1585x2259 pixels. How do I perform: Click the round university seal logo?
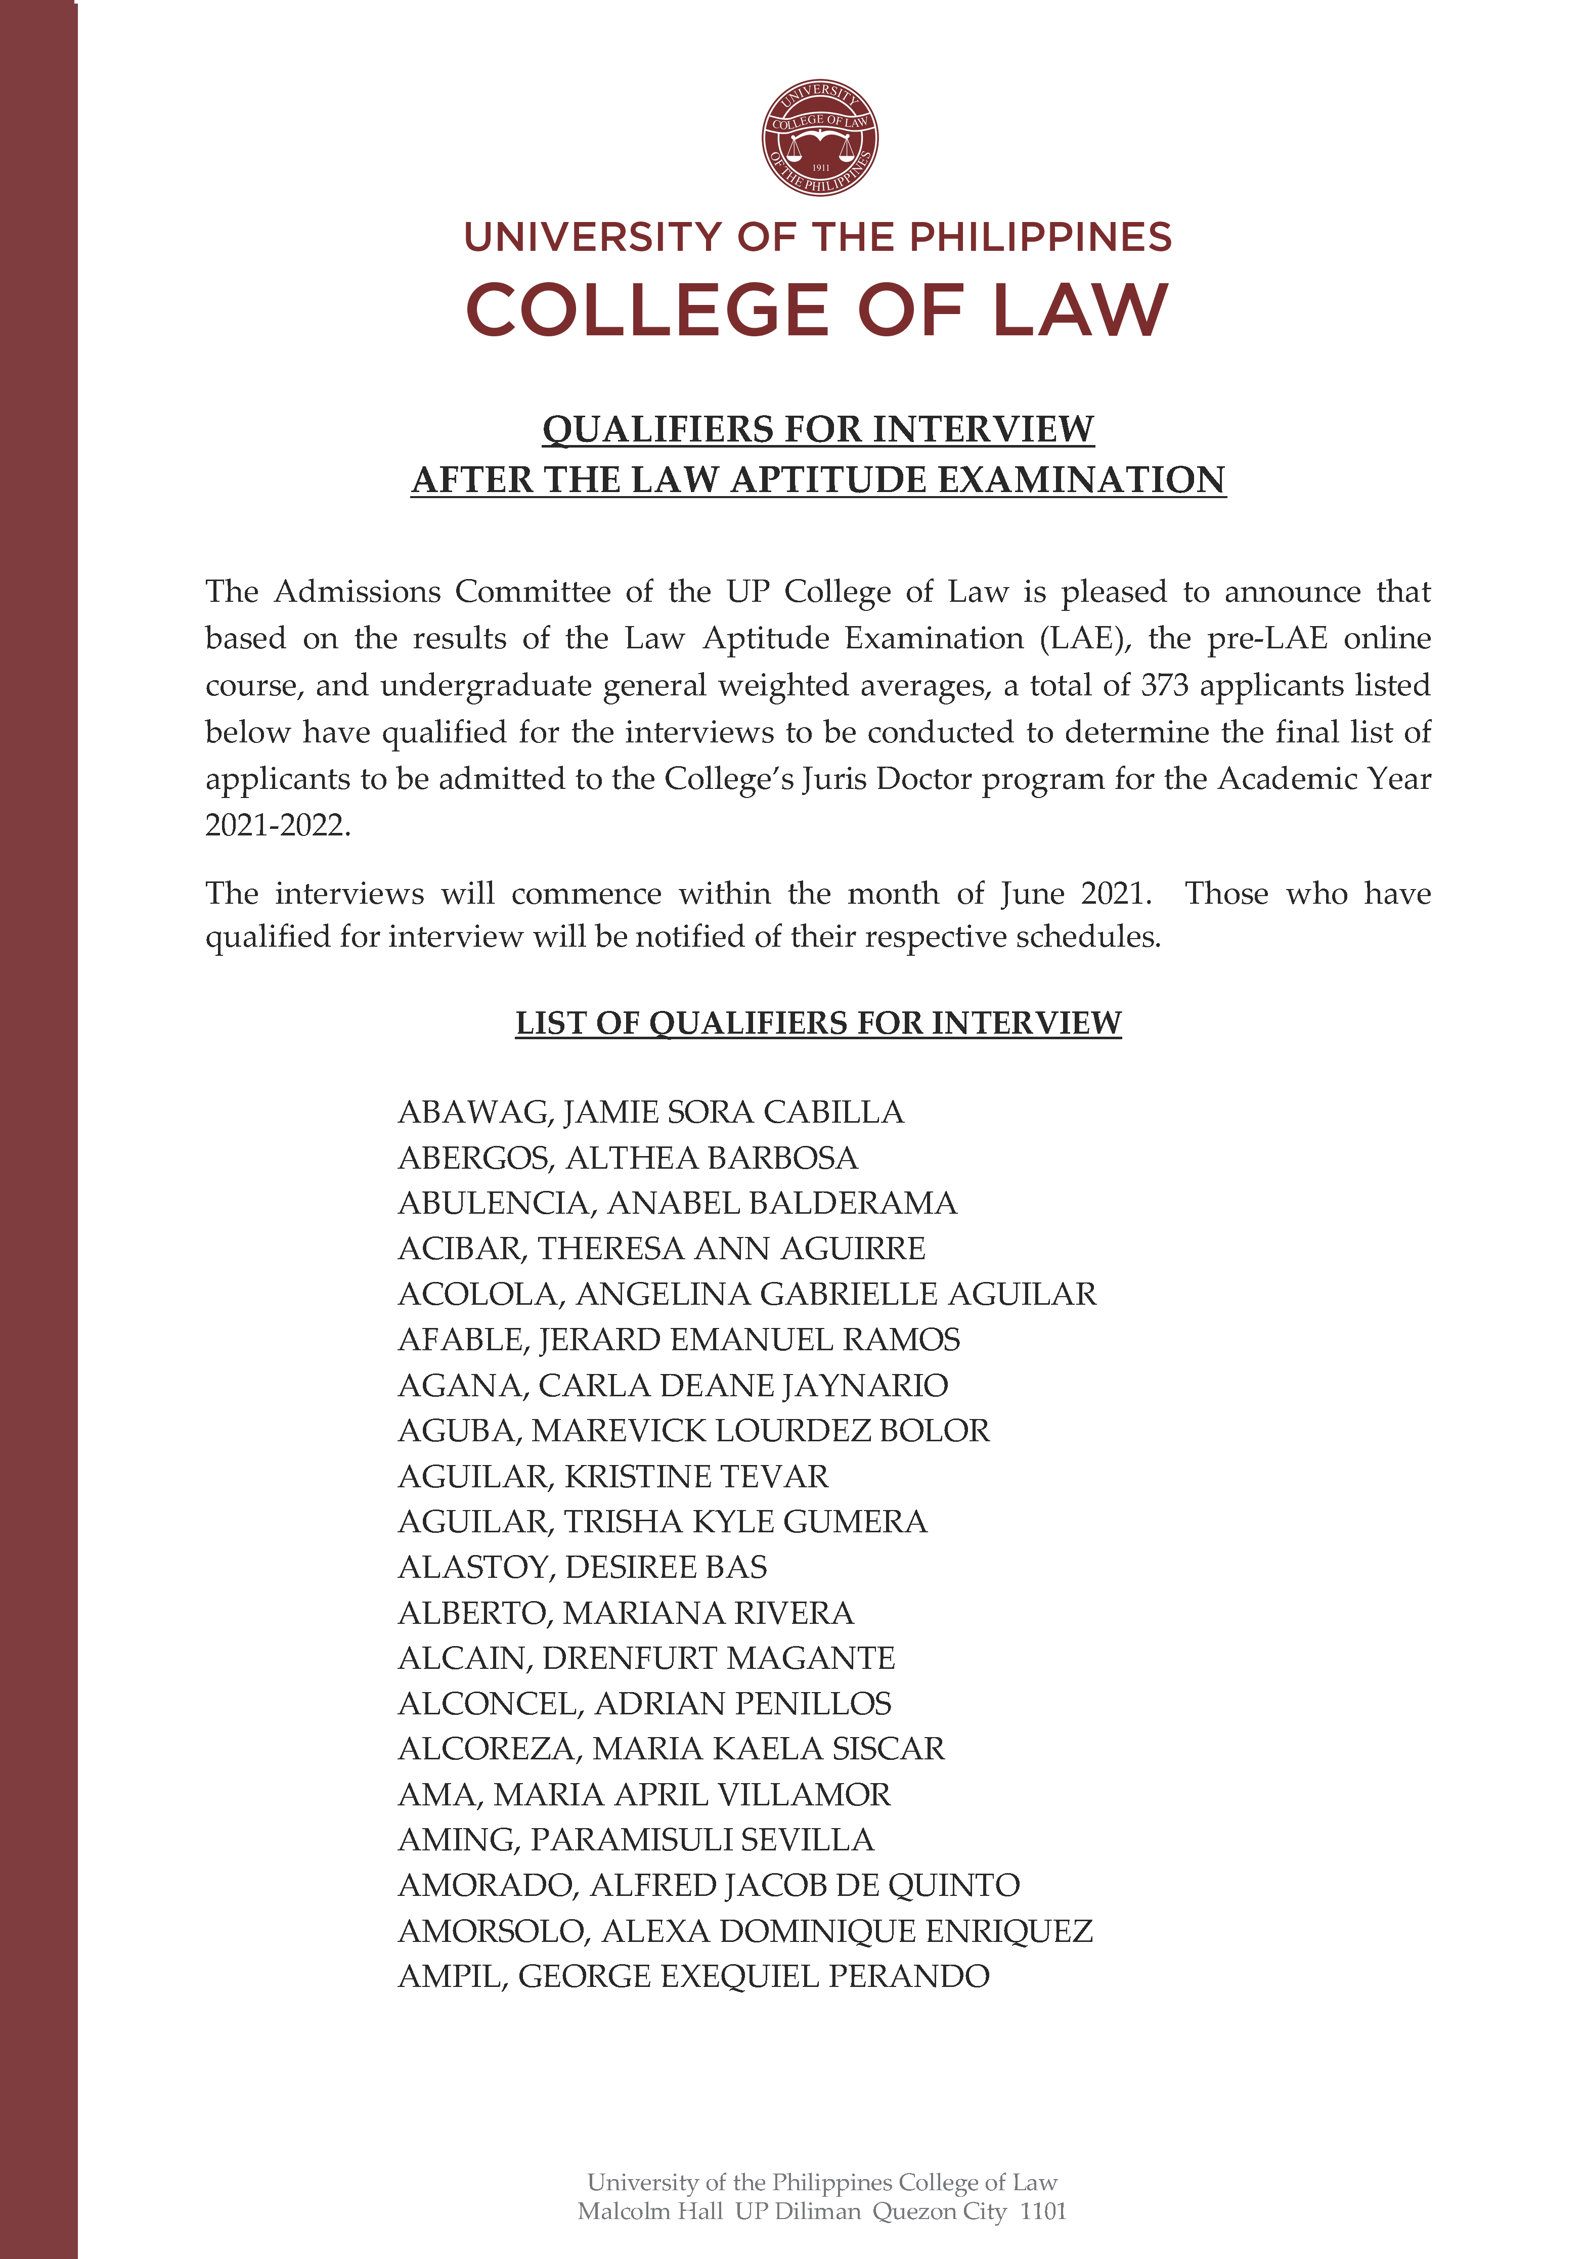819,138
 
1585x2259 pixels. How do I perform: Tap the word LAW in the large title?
1079,311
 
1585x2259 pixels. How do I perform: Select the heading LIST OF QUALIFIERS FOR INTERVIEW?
818,1023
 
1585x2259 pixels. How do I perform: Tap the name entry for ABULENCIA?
677,1202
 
